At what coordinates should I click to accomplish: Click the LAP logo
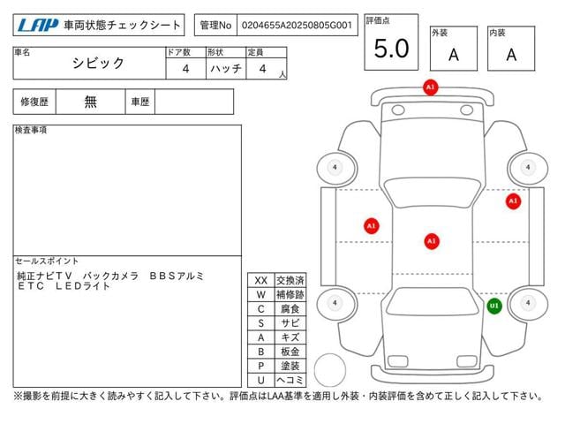tap(36, 26)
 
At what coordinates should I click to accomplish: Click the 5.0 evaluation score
tap(391, 49)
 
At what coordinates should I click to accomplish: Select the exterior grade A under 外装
tap(453, 54)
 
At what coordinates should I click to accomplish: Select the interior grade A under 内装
tap(511, 54)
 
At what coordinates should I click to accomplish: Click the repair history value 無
tap(91, 102)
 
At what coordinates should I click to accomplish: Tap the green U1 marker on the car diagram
tap(494, 306)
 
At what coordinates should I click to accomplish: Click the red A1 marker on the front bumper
tap(430, 87)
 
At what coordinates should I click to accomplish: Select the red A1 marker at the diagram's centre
tap(431, 240)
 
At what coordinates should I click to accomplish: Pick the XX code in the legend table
tap(260, 280)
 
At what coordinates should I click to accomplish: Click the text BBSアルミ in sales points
tap(177, 276)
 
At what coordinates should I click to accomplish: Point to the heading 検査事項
tap(31, 131)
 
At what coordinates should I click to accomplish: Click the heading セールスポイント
tap(47, 261)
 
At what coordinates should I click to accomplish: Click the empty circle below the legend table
tap(332, 369)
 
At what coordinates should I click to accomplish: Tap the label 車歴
tap(139, 102)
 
